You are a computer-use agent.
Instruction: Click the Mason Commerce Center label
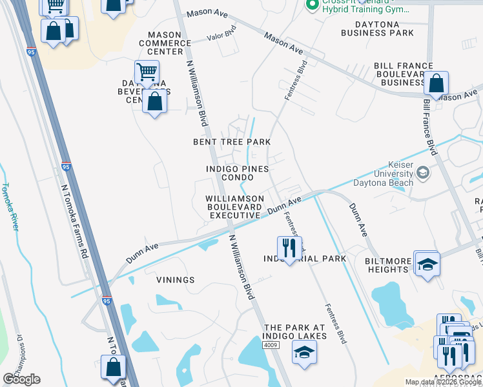point(169,43)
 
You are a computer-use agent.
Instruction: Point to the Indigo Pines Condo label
point(236,172)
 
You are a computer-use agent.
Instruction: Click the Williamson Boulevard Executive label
point(234,206)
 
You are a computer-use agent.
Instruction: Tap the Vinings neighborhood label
point(175,280)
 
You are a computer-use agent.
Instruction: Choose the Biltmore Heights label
point(379,265)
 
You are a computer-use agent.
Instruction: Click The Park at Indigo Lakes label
point(295,332)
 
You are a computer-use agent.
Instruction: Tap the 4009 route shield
point(271,346)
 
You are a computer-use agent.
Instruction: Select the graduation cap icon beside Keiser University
point(422,172)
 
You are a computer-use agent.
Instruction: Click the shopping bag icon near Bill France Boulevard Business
point(437,83)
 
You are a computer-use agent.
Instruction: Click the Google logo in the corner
point(21,379)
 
